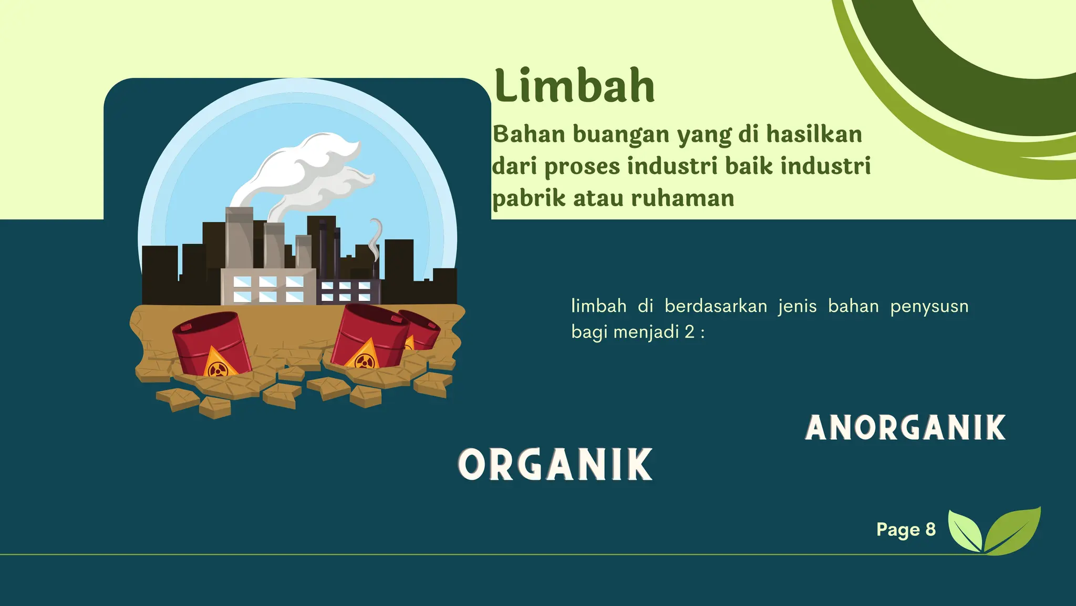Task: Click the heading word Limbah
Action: [574, 86]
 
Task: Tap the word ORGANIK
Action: [555, 465]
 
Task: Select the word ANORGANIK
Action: [905, 428]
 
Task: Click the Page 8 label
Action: [906, 529]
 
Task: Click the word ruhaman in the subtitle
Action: [682, 198]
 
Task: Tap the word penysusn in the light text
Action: [929, 306]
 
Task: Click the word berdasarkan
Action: [716, 306]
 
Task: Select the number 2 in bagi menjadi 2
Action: [689, 332]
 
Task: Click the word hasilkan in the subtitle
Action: [814, 134]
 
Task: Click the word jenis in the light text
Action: [797, 306]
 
